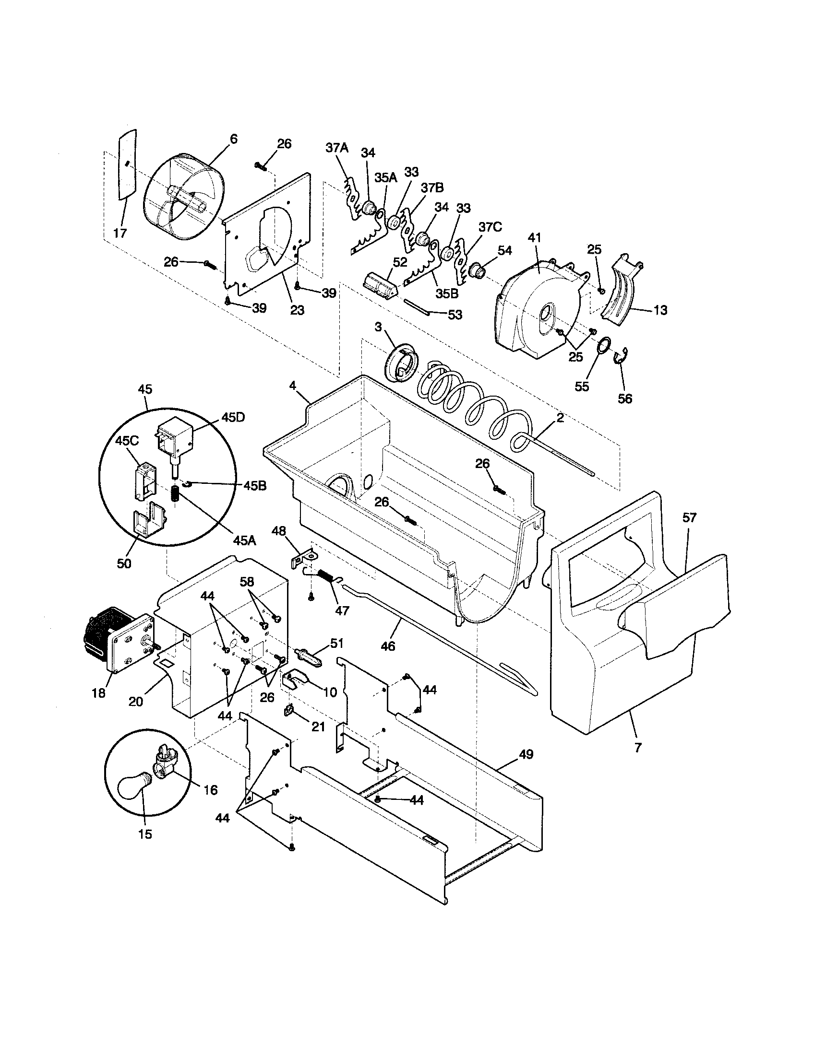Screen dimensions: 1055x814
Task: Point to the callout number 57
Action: click(689, 518)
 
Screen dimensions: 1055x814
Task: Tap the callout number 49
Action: click(526, 754)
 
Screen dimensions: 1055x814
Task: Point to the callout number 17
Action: click(120, 234)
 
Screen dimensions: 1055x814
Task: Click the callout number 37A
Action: click(336, 148)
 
